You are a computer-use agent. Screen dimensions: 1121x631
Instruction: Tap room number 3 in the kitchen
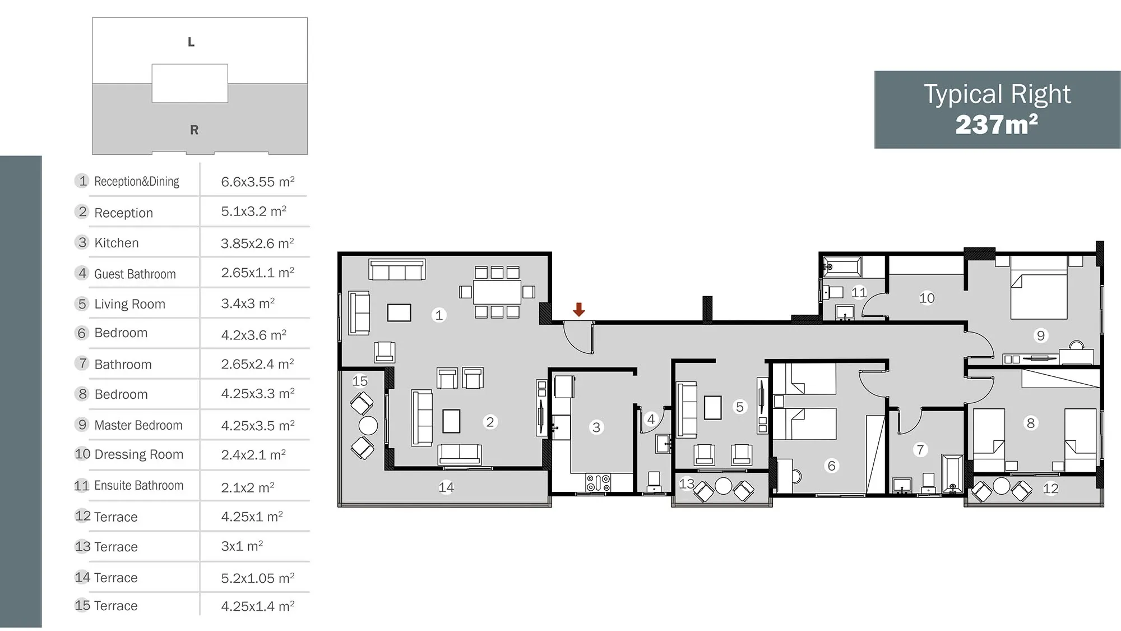click(596, 427)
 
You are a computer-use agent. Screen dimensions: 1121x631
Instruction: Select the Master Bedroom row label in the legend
click(138, 425)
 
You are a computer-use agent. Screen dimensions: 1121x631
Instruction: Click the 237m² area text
click(997, 125)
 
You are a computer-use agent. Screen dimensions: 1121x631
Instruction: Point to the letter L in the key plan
click(191, 42)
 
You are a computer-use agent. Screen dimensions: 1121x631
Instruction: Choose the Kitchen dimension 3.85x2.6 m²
click(257, 243)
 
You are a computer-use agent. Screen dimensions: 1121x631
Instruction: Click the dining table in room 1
click(497, 292)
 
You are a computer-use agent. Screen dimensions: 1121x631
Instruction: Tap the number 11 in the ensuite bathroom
click(859, 292)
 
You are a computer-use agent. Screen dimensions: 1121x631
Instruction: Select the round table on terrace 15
click(368, 426)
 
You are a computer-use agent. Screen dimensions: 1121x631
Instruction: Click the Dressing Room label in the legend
click(139, 454)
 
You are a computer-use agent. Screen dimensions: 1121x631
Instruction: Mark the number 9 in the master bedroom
click(1041, 335)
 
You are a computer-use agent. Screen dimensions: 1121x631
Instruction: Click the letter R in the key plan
click(194, 130)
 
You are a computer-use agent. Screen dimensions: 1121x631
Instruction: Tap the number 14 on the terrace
click(446, 487)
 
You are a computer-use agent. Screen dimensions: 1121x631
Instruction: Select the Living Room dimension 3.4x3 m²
click(248, 303)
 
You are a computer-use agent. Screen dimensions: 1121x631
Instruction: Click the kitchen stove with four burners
click(598, 482)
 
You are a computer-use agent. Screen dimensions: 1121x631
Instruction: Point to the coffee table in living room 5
click(713, 408)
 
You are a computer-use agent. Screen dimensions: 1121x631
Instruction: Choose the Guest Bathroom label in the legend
click(135, 274)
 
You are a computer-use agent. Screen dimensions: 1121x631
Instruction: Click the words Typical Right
click(997, 94)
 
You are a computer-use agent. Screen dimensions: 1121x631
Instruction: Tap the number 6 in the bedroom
click(832, 466)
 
